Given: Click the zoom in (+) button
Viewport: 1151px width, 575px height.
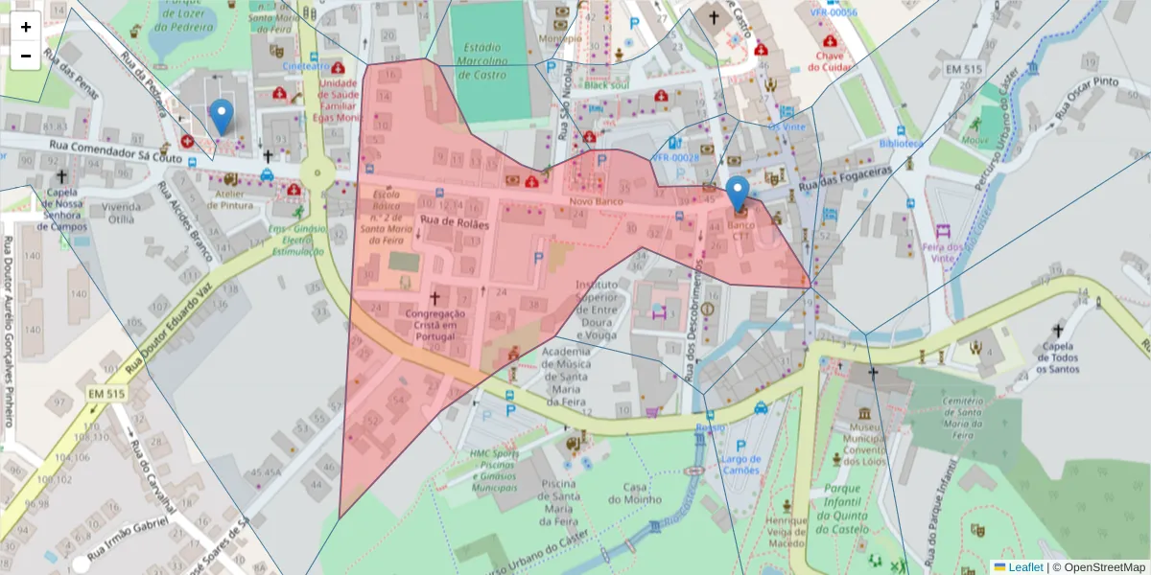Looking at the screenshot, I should (26, 27).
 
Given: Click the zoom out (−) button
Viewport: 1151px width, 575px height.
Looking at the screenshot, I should (26, 56).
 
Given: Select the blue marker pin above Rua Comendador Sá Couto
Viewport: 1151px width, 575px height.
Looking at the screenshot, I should (222, 116).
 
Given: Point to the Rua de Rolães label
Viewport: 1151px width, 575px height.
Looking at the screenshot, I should (454, 223).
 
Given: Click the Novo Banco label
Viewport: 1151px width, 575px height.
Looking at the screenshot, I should (596, 201).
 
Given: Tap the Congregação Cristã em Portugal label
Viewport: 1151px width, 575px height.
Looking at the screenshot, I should (435, 324).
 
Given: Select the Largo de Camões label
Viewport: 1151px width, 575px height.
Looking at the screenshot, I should (740, 464).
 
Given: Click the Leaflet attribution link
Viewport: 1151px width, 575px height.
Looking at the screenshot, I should (1024, 567).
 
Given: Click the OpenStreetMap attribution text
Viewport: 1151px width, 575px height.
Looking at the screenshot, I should (1098, 567).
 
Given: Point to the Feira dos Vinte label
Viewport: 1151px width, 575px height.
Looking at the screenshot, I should (943, 252).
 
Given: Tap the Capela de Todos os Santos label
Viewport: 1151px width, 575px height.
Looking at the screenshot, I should (1058, 357).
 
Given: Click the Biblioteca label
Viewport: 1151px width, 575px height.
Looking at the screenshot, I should (901, 143).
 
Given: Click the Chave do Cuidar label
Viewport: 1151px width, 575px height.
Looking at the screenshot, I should (830, 61).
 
